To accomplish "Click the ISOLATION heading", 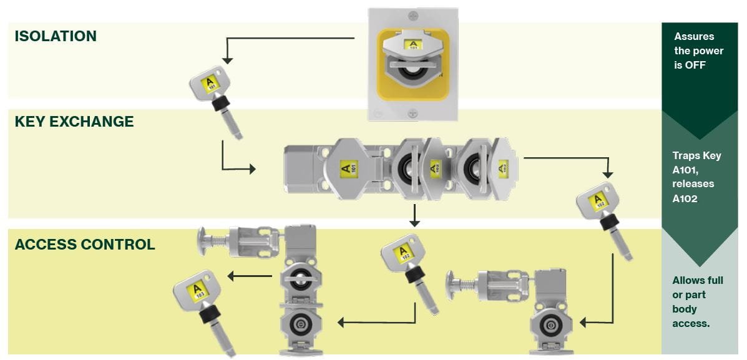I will (x=56, y=36).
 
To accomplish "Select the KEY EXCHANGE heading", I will (x=74, y=122).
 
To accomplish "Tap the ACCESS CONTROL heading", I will (x=84, y=244).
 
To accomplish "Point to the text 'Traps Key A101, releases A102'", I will (x=696, y=177).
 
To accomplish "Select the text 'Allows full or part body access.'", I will (x=698, y=302).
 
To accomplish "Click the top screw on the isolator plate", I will (x=411, y=14).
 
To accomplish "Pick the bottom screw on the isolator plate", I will (x=412, y=113).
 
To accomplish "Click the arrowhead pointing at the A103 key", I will (x=231, y=276).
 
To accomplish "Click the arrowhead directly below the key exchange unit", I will (x=413, y=222).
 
